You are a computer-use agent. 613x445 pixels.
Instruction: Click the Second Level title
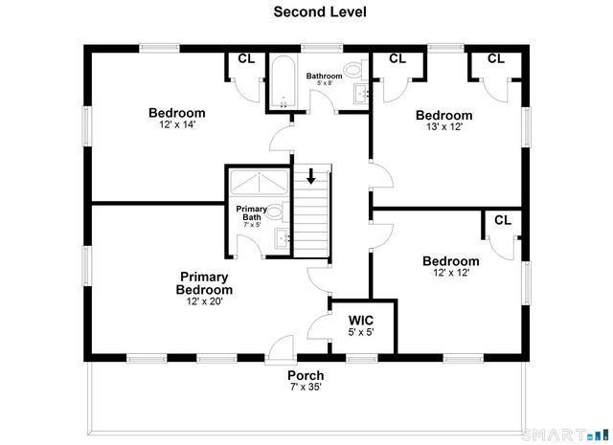pos(320,11)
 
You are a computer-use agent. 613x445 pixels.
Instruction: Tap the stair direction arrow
pos(311,175)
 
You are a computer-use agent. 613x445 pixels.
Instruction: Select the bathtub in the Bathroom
pos(284,81)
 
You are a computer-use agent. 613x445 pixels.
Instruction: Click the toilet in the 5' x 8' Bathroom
pos(356,70)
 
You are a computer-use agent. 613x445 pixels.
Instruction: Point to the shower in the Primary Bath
pos(260,182)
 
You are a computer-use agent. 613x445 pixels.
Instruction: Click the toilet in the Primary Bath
pos(278,212)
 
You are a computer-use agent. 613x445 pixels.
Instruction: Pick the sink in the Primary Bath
pos(282,238)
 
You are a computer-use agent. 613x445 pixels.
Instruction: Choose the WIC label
pos(361,321)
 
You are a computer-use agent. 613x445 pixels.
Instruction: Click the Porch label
pos(306,375)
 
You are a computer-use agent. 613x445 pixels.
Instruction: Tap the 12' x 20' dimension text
pos(204,301)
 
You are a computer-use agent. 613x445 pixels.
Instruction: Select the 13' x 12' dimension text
pos(444,126)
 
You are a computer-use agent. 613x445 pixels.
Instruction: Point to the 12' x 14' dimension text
pos(177,124)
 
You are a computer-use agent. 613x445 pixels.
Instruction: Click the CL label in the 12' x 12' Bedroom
pos(503,220)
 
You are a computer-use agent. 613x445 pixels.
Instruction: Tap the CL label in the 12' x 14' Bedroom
pos(246,58)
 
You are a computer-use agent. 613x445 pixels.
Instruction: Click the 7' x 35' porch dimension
pos(306,387)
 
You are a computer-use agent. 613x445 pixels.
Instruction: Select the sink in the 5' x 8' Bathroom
pos(361,94)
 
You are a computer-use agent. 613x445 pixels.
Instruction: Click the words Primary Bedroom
pos(204,283)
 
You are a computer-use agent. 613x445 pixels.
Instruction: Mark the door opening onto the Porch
pos(279,350)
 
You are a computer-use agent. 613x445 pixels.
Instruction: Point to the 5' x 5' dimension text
pos(361,332)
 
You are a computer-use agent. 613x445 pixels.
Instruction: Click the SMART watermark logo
pos(565,434)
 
